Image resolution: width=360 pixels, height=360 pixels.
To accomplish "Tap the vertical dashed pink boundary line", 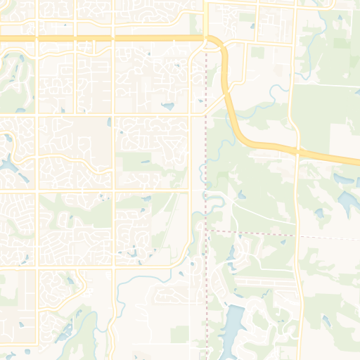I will (205, 141).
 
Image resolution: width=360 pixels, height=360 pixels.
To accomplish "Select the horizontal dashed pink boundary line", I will (253, 232).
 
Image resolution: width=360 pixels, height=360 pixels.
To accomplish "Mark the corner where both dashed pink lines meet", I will (205, 229).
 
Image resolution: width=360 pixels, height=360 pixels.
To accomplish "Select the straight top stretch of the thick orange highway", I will (105, 39).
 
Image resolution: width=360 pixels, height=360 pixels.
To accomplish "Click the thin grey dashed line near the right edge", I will (330, 238).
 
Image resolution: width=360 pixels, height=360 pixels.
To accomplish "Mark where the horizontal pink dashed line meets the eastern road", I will (297, 235).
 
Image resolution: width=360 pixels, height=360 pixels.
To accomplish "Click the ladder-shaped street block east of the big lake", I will (264, 283).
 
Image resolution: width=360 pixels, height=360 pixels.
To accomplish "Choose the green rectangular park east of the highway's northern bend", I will (257, 53).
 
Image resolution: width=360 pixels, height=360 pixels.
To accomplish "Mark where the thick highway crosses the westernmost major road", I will (37, 39).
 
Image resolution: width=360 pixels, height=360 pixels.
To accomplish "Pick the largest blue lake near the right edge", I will (348, 202).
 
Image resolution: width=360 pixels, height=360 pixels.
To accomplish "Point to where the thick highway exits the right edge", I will (357, 160).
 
